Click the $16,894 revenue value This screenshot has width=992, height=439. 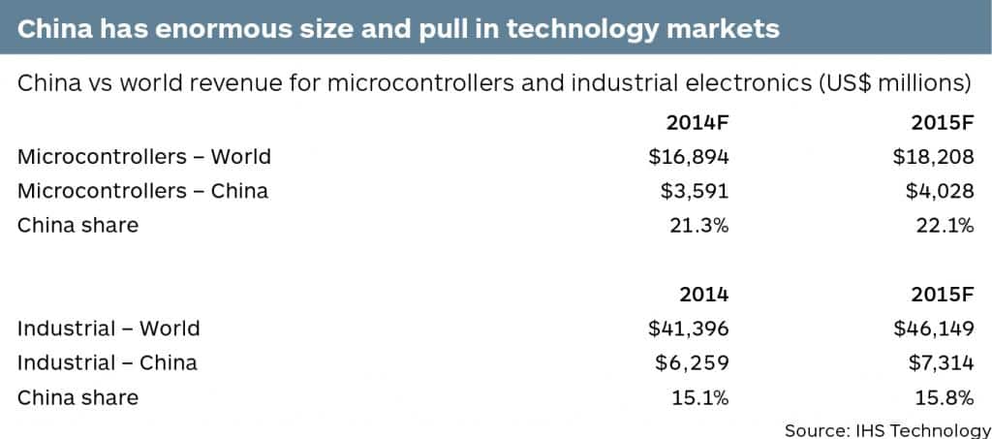point(688,156)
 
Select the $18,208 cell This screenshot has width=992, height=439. point(933,156)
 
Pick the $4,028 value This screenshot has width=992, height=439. point(939,191)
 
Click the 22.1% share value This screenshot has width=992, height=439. point(943,226)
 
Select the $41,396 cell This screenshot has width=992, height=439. point(688,329)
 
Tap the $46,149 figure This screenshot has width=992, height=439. point(933,329)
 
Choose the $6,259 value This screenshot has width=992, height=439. point(692,363)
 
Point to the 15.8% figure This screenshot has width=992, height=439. point(943,397)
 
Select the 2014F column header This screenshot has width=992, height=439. point(697,122)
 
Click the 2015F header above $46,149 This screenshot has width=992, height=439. point(942,295)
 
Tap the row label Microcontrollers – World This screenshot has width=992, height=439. point(144,156)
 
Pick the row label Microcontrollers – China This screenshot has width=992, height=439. point(142,191)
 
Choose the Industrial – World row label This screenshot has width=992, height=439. point(108,329)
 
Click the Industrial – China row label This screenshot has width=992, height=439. point(107,363)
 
